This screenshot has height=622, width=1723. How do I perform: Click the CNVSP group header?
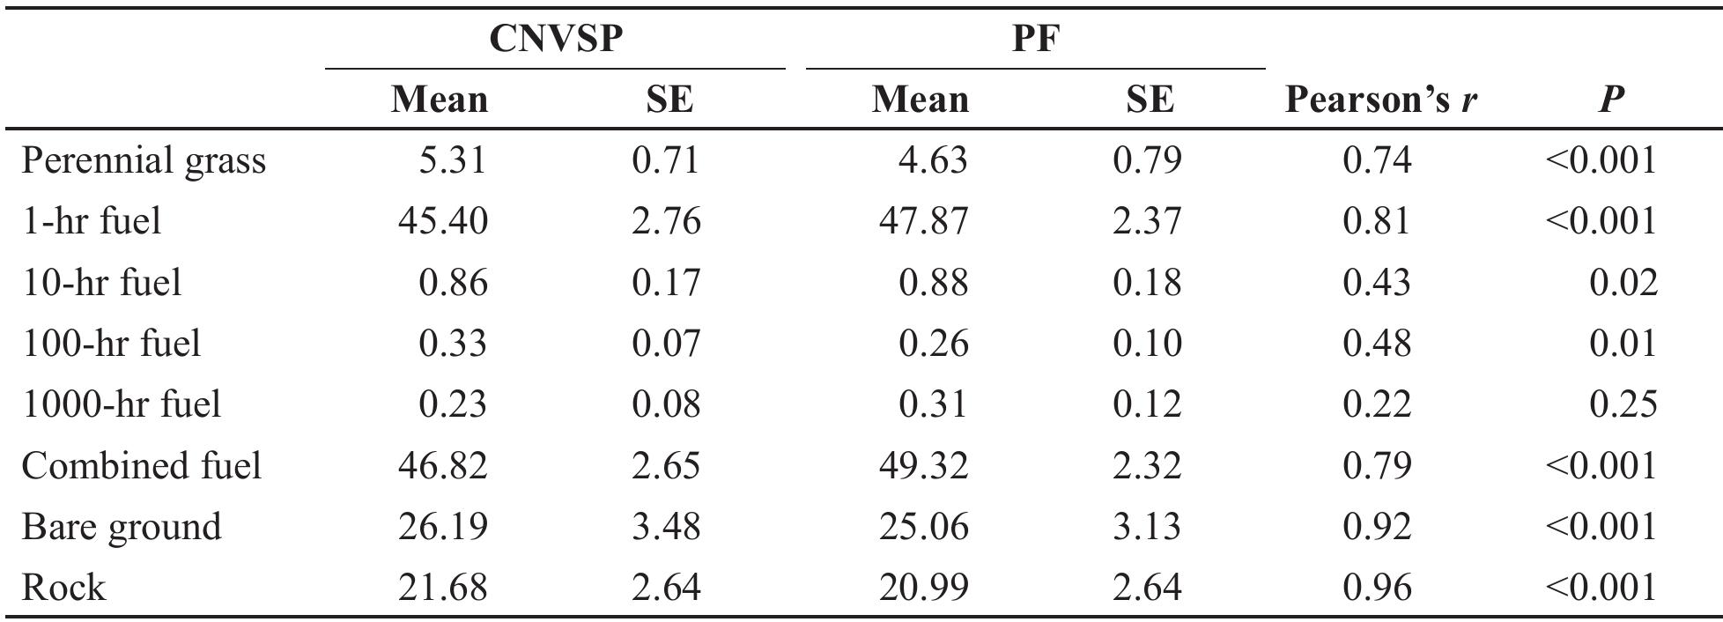[x=554, y=38]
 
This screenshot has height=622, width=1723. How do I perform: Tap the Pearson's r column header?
[x=1380, y=100]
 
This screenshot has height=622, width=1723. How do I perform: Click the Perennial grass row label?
[x=144, y=161]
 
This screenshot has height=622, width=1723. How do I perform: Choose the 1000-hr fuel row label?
[x=122, y=404]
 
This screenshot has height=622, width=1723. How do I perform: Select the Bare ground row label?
[x=122, y=527]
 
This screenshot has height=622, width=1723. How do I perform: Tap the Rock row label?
[x=63, y=588]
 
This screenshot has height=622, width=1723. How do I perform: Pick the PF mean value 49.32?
[x=923, y=465]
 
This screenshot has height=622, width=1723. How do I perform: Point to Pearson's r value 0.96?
[x=1377, y=588]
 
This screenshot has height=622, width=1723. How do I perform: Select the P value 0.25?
[x=1623, y=404]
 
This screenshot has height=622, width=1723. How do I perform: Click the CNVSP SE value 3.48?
[x=666, y=527]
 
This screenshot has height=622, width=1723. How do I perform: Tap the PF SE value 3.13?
[x=1147, y=527]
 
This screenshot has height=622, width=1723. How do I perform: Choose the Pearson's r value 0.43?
[x=1377, y=283]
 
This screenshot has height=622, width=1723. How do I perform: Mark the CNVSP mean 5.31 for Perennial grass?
[x=452, y=160]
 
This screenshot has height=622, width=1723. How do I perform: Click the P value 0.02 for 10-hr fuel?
[x=1623, y=283]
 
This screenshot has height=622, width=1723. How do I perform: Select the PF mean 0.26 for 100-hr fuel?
[x=933, y=344]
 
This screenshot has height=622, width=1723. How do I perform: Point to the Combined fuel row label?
[x=142, y=465]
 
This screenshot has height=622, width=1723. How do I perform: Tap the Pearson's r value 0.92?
[x=1377, y=527]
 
